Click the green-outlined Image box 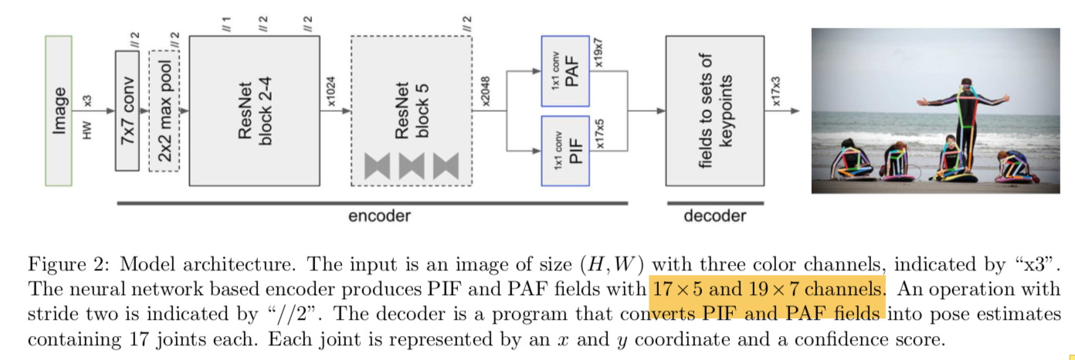pos(59,110)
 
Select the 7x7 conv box pos(127,110)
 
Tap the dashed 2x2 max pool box pos(164,110)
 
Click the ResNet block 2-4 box pos(254,110)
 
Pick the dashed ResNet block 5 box pos(411,110)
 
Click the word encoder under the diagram pos(379,216)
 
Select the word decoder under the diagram pos(715,216)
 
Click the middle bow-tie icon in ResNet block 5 pos(412,165)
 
